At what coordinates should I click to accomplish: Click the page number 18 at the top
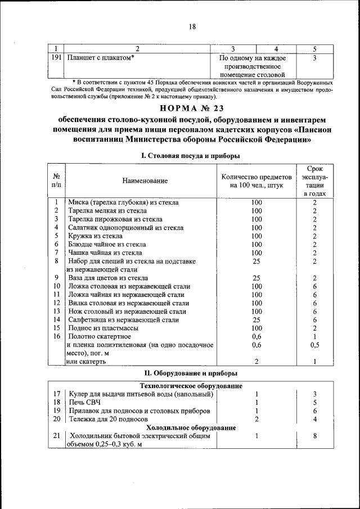(191, 26)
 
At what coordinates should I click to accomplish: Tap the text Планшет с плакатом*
(101, 57)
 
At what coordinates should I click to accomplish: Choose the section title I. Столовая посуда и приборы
(191, 155)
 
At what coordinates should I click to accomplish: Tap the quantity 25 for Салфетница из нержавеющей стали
(256, 319)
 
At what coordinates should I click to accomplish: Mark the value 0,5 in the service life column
(315, 345)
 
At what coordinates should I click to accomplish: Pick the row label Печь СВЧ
(84, 402)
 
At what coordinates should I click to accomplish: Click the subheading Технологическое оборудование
(191, 386)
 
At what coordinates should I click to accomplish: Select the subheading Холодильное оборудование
(191, 427)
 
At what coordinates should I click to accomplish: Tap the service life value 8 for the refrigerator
(315, 436)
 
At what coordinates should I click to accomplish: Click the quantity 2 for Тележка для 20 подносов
(256, 419)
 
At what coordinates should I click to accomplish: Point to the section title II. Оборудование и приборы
(191, 373)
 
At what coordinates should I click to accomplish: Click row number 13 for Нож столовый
(56, 311)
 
